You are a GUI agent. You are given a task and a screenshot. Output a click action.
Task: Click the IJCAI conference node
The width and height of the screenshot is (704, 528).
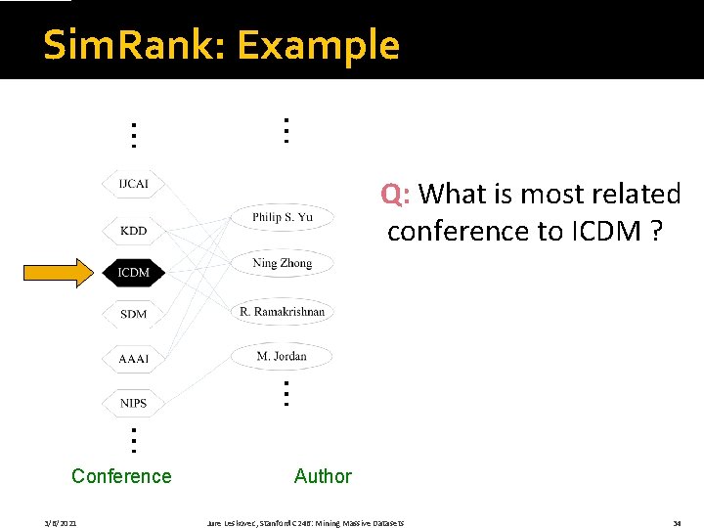(133, 184)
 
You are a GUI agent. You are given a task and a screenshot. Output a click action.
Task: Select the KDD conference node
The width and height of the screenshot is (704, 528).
(133, 231)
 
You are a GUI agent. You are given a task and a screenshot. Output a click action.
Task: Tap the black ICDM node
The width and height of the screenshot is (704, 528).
(133, 272)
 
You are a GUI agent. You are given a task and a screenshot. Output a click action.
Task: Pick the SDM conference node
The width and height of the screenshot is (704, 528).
(133, 314)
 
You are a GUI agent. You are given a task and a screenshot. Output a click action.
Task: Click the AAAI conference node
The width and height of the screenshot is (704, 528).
(133, 359)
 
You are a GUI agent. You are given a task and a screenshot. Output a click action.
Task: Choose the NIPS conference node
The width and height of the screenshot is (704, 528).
(133, 403)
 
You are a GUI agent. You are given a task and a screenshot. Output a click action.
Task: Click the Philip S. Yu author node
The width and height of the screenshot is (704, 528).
(282, 217)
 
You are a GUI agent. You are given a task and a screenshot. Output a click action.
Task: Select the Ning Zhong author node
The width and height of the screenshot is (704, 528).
(282, 263)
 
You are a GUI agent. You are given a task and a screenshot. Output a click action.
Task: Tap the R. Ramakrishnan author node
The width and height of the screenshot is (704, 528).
(282, 312)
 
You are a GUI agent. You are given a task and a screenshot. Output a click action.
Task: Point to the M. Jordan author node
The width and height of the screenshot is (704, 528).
(282, 357)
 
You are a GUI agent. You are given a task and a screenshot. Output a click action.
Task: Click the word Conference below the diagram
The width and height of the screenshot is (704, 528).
(121, 476)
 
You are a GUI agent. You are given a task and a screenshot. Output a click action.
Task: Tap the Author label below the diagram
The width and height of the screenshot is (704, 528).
(323, 476)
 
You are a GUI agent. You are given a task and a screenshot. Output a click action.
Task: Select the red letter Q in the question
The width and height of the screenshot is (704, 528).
(391, 194)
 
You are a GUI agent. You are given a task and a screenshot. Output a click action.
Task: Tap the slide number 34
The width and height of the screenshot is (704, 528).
(676, 524)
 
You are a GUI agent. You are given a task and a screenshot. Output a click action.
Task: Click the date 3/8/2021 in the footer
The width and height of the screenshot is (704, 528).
(61, 524)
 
